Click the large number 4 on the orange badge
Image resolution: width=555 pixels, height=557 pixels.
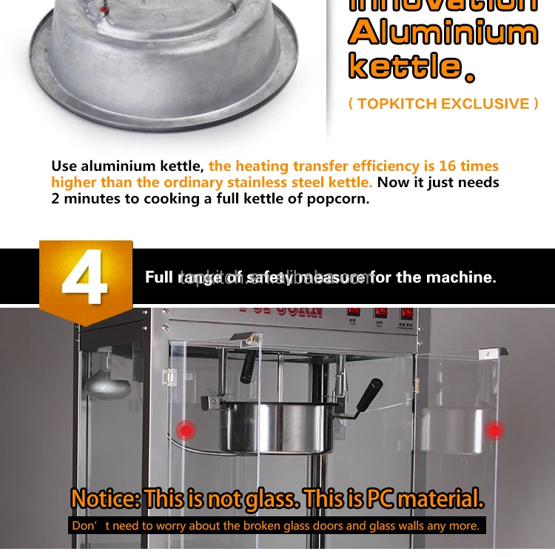pyautogui.click(x=85, y=280)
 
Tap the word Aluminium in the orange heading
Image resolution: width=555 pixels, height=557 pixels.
pyautogui.click(x=443, y=33)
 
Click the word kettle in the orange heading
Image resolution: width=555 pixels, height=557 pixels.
pyautogui.click(x=404, y=67)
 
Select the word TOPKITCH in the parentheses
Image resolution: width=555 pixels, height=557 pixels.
pyautogui.click(x=398, y=104)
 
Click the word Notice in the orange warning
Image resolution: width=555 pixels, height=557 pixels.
pyautogui.click(x=106, y=499)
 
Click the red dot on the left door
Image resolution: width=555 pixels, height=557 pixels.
pyautogui.click(x=186, y=430)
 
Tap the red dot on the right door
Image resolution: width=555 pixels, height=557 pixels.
pyautogui.click(x=494, y=430)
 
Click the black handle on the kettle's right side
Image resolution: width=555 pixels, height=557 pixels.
pyautogui.click(x=368, y=396)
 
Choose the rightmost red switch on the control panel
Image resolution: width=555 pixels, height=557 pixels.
pyautogui.click(x=406, y=314)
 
